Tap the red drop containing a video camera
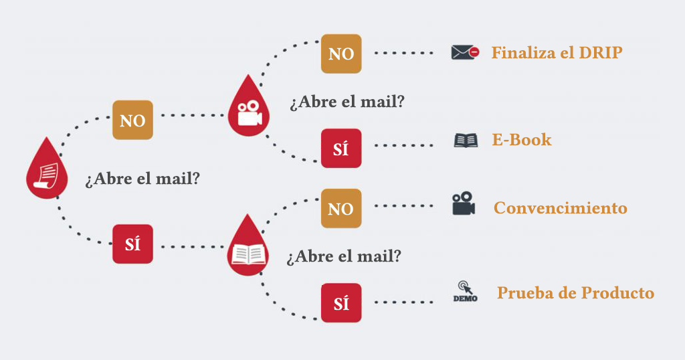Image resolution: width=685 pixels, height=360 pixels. [248, 107]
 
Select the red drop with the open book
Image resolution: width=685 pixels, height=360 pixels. [248, 248]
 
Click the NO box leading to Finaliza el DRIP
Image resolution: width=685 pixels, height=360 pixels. [341, 54]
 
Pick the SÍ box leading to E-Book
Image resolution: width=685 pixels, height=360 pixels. [341, 149]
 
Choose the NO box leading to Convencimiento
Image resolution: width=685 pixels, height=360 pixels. [341, 209]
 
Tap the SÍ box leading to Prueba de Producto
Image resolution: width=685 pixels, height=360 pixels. [341, 303]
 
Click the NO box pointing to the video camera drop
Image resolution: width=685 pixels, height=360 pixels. [132, 120]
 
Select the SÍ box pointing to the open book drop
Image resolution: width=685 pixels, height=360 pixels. [132, 244]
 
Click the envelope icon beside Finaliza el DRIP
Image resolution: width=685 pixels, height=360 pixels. [465, 52]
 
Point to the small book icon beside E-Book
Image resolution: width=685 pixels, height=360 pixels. [466, 141]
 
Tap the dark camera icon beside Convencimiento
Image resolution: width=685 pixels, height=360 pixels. [463, 204]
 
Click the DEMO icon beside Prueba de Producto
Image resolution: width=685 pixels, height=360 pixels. [465, 292]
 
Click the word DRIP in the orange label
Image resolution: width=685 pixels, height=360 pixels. [600, 52]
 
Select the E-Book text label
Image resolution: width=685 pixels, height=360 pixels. [522, 140]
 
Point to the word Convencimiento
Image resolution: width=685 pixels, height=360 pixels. [561, 208]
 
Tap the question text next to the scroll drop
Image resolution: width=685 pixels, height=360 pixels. [142, 180]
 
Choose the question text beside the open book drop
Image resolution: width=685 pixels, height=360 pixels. [344, 256]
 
